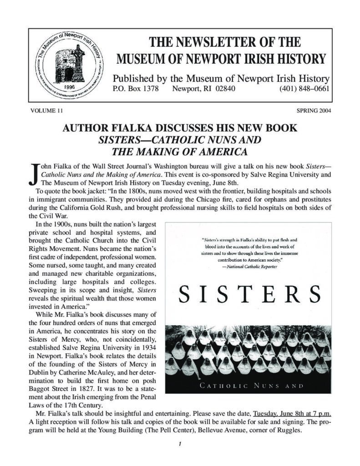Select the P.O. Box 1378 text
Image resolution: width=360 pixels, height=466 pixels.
pos(135,89)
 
